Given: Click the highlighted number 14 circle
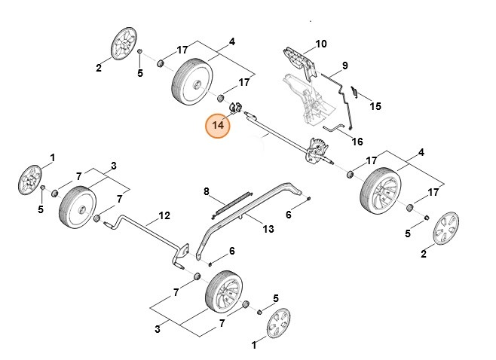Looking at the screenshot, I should [219, 125].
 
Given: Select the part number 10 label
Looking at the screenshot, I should [321, 44].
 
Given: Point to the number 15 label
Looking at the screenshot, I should [375, 106].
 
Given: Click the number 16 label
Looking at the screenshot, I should [357, 142].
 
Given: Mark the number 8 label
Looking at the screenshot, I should [206, 192].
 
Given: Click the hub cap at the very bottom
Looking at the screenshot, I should [280, 324].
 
